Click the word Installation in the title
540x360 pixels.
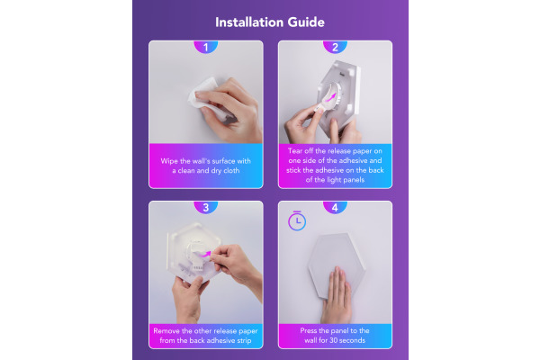(x=249, y=22)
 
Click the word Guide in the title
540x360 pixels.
(x=306, y=22)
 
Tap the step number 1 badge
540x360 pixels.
(x=206, y=47)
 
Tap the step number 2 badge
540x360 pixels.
(x=335, y=47)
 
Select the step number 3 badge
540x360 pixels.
(x=206, y=207)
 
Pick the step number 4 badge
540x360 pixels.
(x=335, y=207)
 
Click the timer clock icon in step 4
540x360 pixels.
(x=297, y=220)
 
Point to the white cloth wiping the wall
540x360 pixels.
(x=207, y=98)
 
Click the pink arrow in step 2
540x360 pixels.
(x=330, y=98)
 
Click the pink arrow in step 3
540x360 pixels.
(x=205, y=255)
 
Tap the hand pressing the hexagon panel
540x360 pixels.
(x=337, y=295)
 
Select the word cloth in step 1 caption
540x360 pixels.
(x=231, y=171)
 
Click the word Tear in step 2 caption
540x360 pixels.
(x=295, y=151)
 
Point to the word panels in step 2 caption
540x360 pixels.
(x=354, y=180)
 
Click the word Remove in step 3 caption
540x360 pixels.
(x=166, y=331)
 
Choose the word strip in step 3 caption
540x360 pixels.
(x=244, y=341)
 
